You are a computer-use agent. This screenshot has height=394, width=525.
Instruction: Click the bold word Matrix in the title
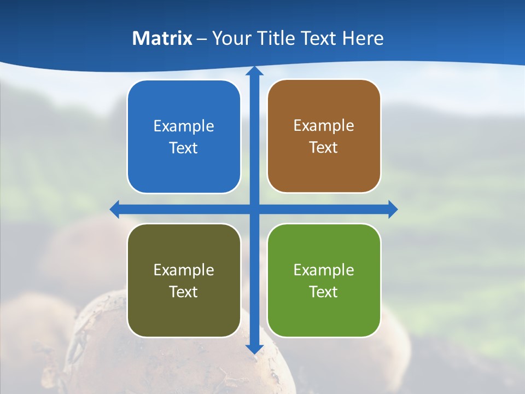(x=162, y=38)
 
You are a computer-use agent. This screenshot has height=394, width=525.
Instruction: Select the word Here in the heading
(x=363, y=38)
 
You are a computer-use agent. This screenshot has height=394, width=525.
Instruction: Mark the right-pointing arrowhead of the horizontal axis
(x=392, y=209)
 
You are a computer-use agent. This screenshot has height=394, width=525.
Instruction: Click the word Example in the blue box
(x=184, y=126)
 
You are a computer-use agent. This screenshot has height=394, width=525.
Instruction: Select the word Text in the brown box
(x=324, y=148)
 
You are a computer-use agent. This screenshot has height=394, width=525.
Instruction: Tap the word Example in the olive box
(x=184, y=270)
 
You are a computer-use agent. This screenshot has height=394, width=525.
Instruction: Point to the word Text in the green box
(x=324, y=292)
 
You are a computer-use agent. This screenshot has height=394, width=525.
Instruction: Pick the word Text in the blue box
(x=184, y=148)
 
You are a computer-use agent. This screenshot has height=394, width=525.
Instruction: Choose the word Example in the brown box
(x=324, y=126)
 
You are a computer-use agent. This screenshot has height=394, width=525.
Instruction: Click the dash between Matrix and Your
(x=202, y=39)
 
